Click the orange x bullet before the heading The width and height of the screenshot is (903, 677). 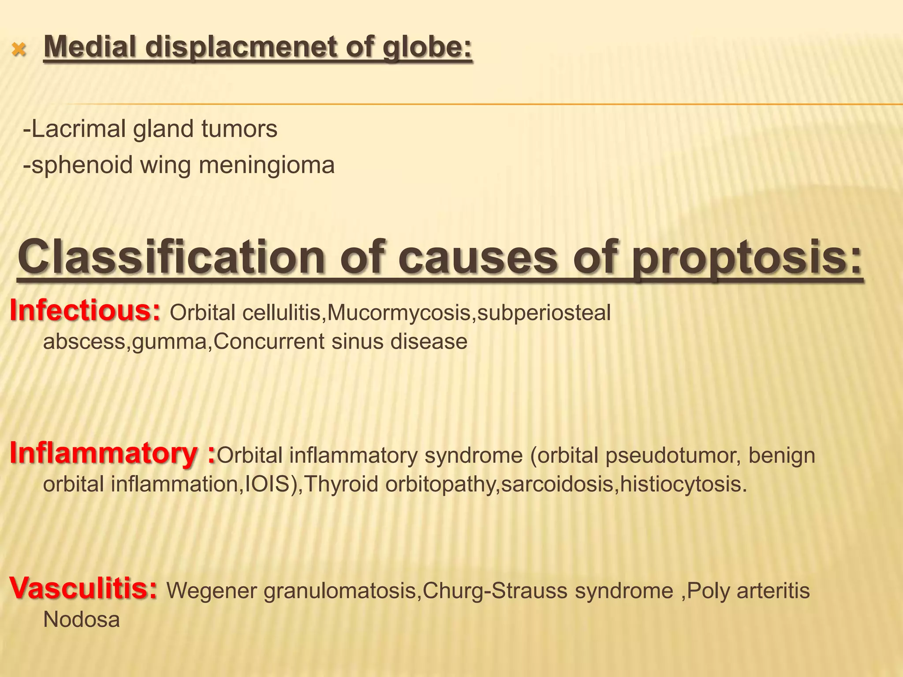[19, 50]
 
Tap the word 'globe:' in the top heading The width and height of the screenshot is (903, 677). [427, 48]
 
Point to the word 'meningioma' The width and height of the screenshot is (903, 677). [267, 165]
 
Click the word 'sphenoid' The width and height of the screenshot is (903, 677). [82, 165]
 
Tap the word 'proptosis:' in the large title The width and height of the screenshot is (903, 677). [747, 257]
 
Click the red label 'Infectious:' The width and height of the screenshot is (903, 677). [85, 310]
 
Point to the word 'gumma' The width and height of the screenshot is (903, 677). [169, 342]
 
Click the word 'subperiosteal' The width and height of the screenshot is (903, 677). [544, 313]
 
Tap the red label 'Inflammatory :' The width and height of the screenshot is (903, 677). [112, 453]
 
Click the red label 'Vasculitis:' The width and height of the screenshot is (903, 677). [83, 588]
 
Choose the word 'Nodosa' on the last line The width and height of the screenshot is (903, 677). [82, 619]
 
